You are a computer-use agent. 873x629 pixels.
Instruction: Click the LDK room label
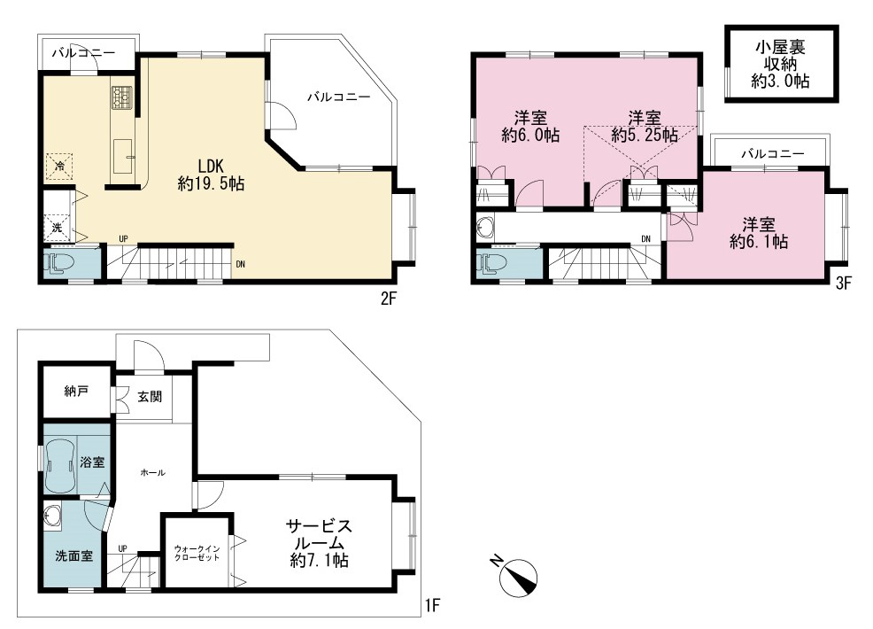coord(211,175)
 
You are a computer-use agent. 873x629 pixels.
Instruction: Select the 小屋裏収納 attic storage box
coord(781,64)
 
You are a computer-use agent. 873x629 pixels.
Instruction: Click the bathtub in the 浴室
coord(60,464)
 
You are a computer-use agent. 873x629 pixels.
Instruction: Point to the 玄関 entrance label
coord(150,397)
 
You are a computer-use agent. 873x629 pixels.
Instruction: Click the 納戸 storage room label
coord(76,392)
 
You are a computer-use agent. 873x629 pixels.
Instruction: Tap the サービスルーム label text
coord(319,543)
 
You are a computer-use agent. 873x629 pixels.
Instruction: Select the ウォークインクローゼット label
coord(197,553)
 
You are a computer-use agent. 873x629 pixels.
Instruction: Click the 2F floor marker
coord(388,299)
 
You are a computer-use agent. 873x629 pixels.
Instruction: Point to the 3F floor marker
coord(844,283)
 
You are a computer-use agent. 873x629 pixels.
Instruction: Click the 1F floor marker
coord(433,604)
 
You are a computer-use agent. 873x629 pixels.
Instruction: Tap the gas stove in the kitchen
coord(122,97)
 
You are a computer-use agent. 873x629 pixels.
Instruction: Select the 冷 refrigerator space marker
coord(58,166)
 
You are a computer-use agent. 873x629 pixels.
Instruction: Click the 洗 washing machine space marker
coord(58,228)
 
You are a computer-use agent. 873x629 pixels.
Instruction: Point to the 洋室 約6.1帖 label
coord(758,233)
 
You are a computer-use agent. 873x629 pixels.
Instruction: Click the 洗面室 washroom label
coord(74,556)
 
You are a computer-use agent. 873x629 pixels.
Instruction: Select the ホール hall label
coord(152,472)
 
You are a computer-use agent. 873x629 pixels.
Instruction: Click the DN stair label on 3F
coord(645,239)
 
